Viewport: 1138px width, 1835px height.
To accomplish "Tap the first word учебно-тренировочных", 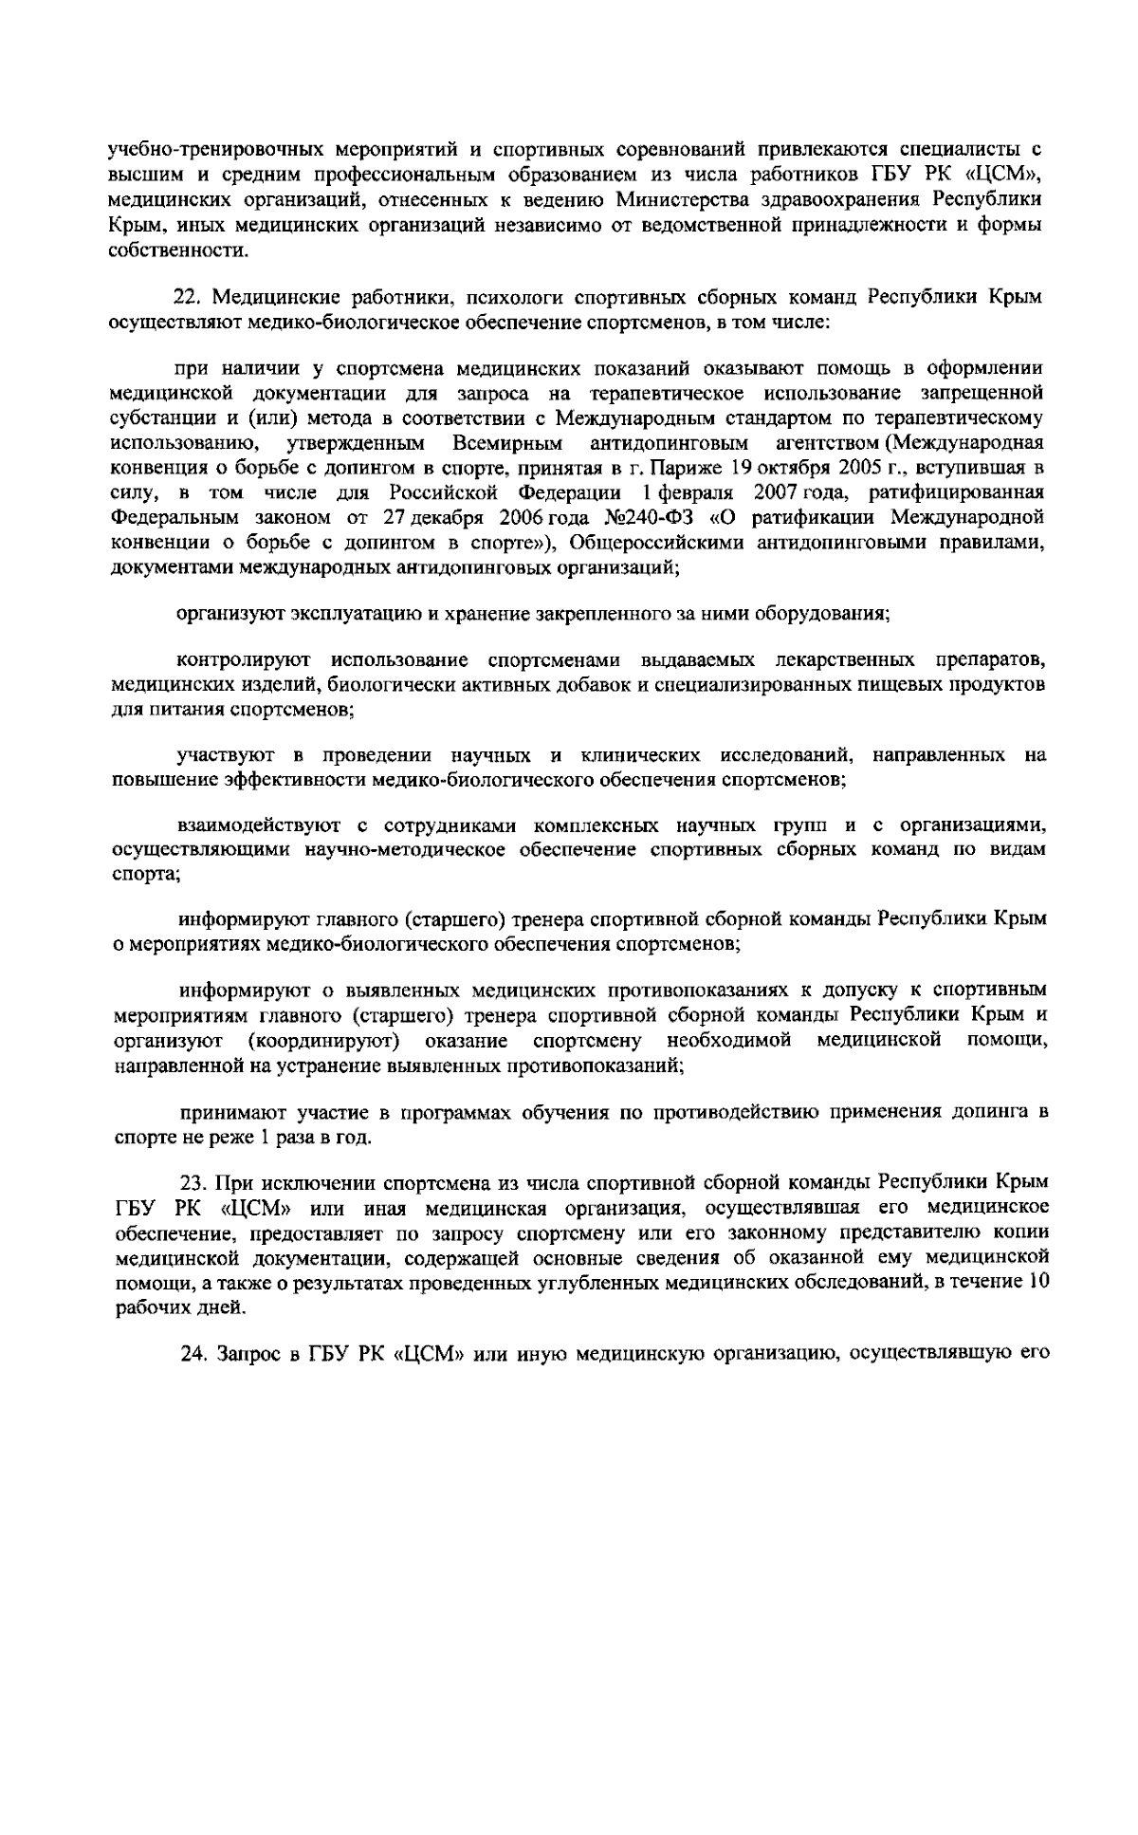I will click(193, 150).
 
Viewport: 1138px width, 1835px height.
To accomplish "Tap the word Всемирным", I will click(507, 444).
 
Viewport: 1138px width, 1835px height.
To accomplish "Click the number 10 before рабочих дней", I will click(1038, 1281).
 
